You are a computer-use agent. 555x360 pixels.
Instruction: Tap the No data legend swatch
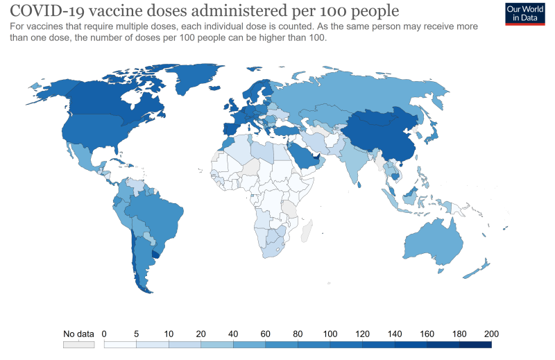pos(78,344)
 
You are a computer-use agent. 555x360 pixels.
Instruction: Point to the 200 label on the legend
pos(491,334)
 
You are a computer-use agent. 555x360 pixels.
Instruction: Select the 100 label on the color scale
pos(330,334)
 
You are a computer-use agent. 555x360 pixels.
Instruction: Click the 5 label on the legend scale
pos(136,334)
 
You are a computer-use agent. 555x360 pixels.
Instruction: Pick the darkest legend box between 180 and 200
pos(475,344)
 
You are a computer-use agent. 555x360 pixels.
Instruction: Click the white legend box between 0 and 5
pos(120,344)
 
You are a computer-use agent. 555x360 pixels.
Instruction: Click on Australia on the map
pos(433,239)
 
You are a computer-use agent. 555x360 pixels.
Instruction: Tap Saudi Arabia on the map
pos(302,153)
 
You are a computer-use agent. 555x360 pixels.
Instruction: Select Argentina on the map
pos(142,260)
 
